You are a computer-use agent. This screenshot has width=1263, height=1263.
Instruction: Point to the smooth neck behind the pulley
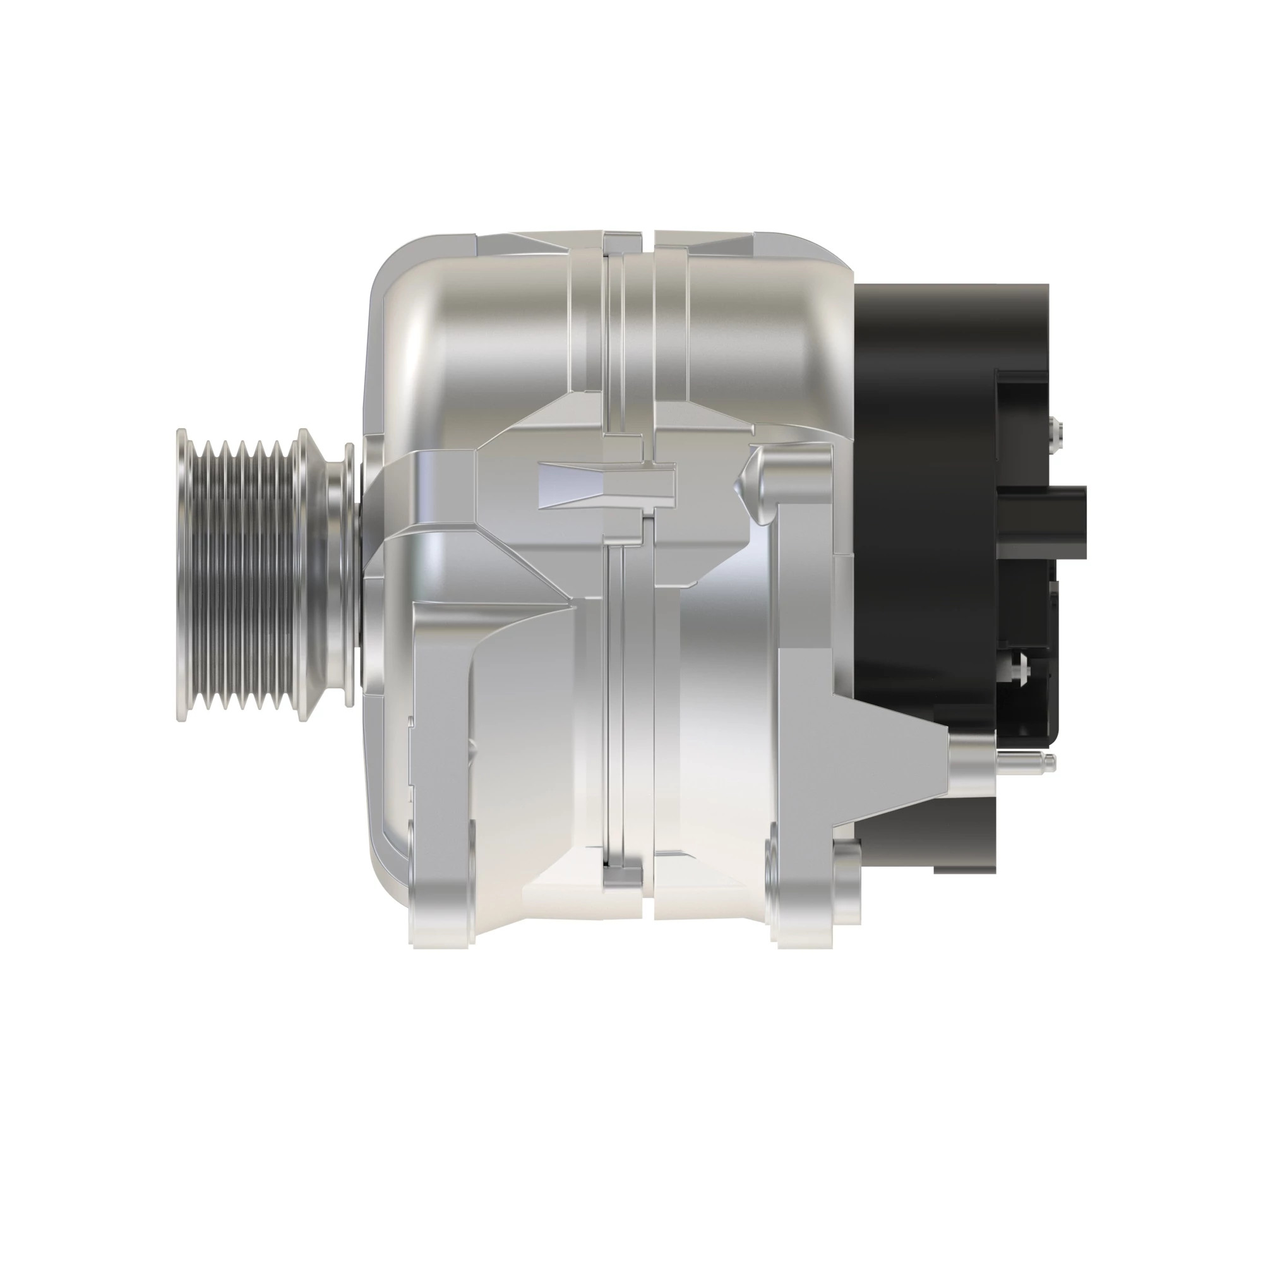point(341,575)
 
